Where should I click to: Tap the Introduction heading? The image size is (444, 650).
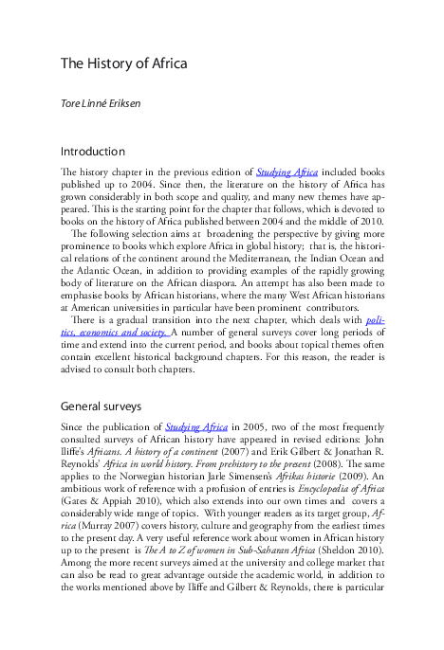pos(93,152)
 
